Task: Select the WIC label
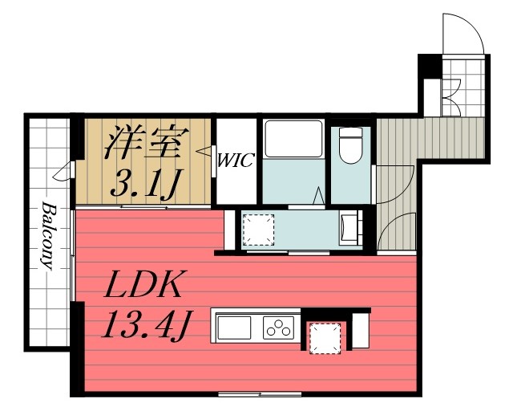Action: click(x=236, y=160)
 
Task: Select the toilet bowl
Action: click(x=350, y=148)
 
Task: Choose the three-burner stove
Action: click(x=279, y=328)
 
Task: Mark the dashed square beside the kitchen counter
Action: click(x=325, y=337)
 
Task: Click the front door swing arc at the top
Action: click(x=463, y=33)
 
